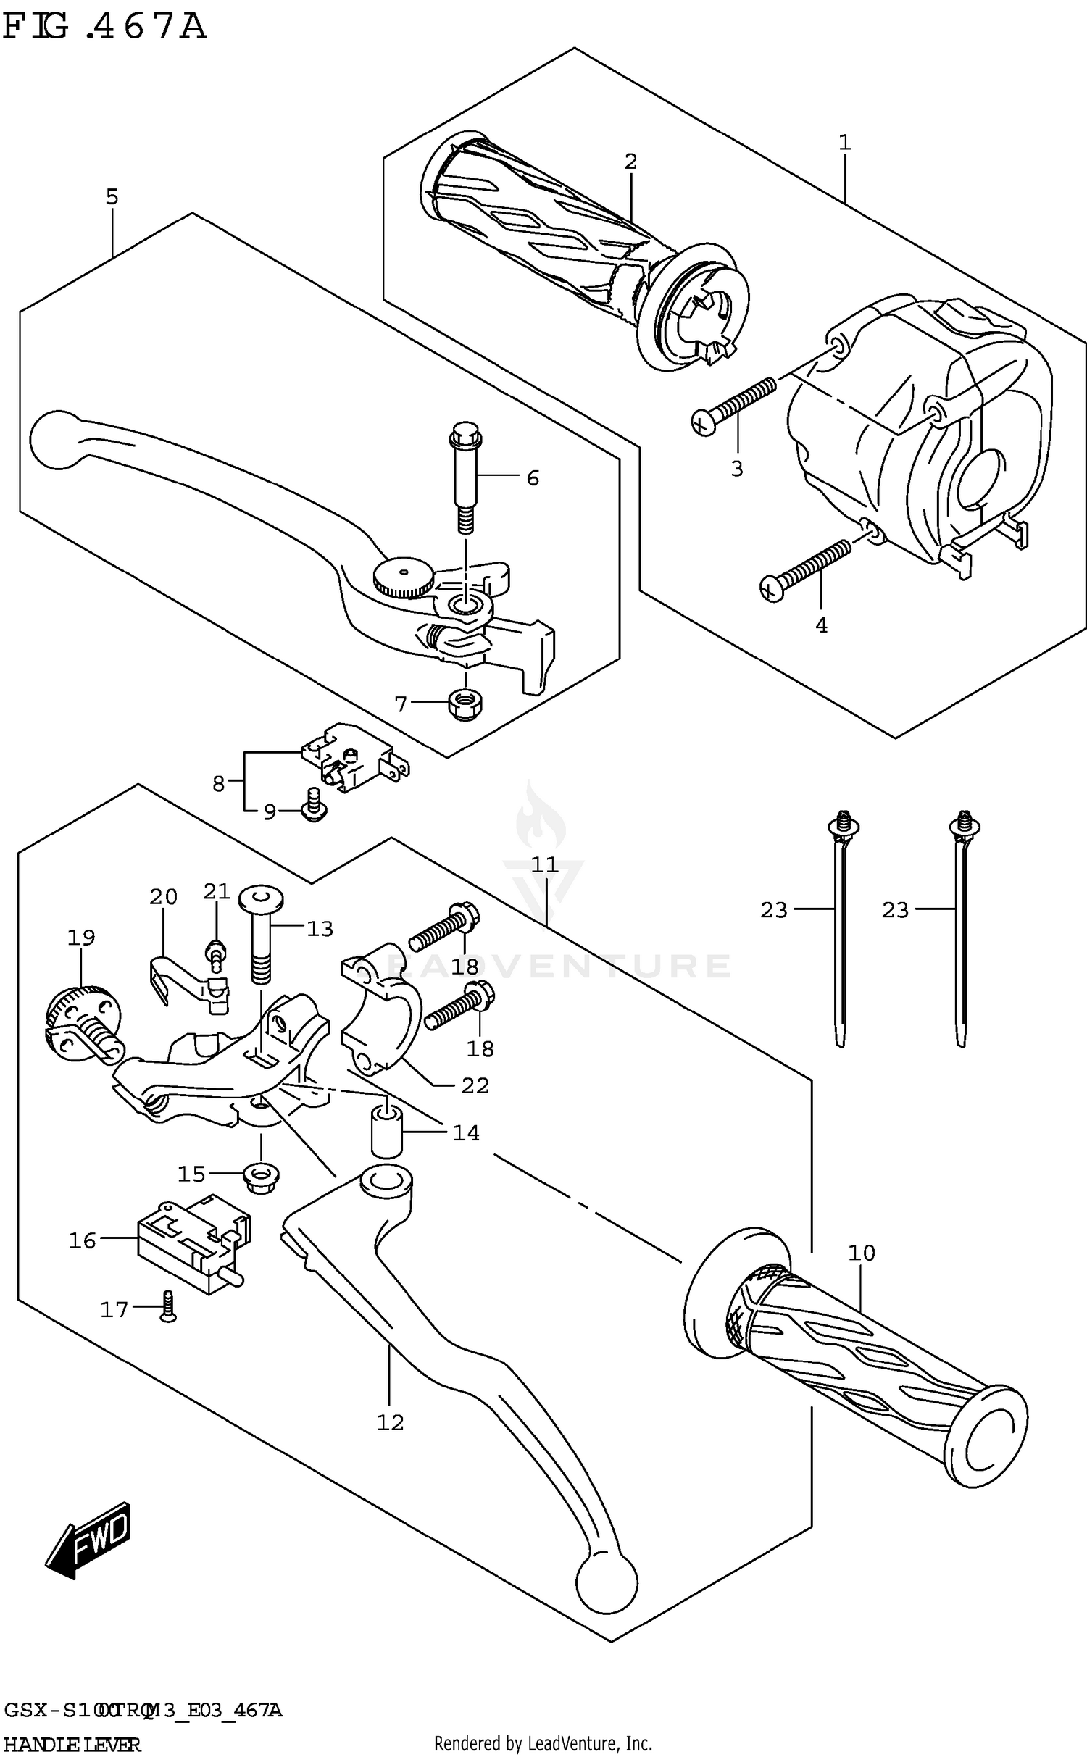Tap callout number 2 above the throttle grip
(630, 162)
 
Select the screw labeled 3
(733, 406)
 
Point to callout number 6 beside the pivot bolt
(533, 478)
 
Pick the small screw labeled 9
(313, 806)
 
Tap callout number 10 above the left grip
(862, 1252)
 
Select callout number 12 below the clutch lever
(390, 1422)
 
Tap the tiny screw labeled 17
(167, 1308)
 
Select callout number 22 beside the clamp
(475, 1085)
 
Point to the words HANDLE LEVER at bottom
(72, 1744)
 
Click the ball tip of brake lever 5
(55, 439)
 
